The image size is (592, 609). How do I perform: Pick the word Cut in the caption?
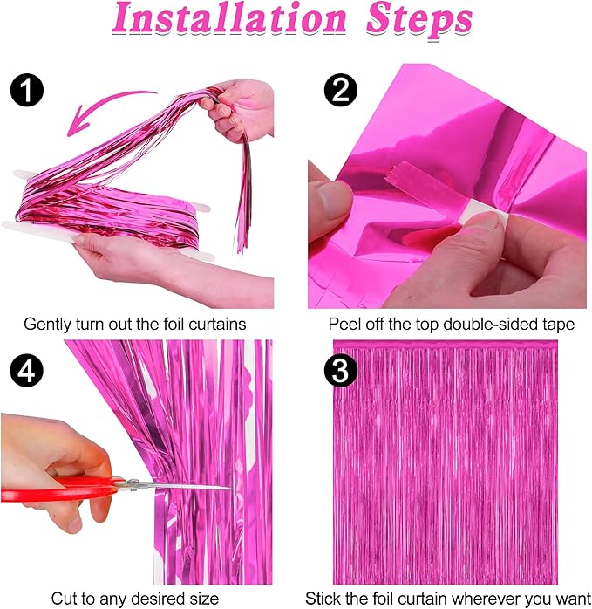[65, 598]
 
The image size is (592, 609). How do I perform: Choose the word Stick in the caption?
[323, 598]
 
